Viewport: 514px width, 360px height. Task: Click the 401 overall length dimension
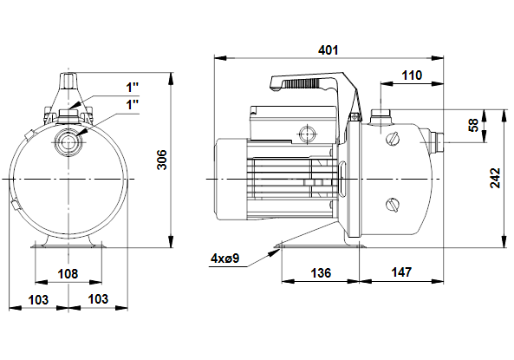pyautogui.click(x=328, y=50)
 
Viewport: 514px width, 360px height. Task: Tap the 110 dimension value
pyautogui.click(x=412, y=75)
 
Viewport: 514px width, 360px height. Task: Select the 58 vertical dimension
pyautogui.click(x=474, y=126)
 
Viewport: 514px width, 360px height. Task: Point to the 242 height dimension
pyautogui.click(x=495, y=178)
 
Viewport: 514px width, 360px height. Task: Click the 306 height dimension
pyautogui.click(x=162, y=160)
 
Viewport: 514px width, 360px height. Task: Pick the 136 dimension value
pyautogui.click(x=321, y=272)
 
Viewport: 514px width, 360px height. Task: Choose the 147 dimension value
pyautogui.click(x=401, y=272)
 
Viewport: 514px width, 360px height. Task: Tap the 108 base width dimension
pyautogui.click(x=68, y=273)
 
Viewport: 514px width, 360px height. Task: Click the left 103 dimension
pyautogui.click(x=38, y=299)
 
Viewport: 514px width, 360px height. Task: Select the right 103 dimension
pyautogui.click(x=98, y=299)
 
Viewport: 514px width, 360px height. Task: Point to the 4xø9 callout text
pyautogui.click(x=224, y=259)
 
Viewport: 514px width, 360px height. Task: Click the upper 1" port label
pyautogui.click(x=133, y=88)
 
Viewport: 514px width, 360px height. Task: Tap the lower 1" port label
pyautogui.click(x=133, y=105)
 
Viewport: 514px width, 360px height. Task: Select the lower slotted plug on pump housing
pyautogui.click(x=394, y=205)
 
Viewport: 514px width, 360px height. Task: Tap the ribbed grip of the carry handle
pyautogui.click(x=302, y=84)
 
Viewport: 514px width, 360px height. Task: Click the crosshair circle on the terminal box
pyautogui.click(x=308, y=134)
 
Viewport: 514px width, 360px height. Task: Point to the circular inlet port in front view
pyautogui.click(x=68, y=142)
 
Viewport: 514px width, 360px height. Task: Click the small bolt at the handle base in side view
pyautogui.click(x=354, y=116)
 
